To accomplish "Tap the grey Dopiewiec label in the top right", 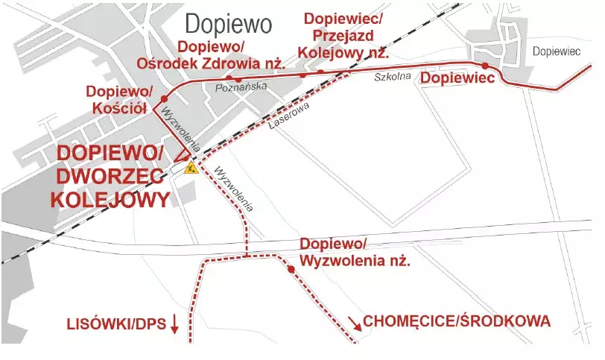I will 557,51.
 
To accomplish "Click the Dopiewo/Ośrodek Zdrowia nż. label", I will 212,57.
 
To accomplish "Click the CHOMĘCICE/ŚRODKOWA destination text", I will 456,322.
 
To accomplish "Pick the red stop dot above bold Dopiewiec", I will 485,66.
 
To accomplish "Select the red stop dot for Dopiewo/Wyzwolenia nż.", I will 291,270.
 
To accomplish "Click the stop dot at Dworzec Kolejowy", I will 185,159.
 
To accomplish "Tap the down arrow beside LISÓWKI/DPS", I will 174,323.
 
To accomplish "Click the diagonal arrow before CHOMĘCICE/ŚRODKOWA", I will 353,321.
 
